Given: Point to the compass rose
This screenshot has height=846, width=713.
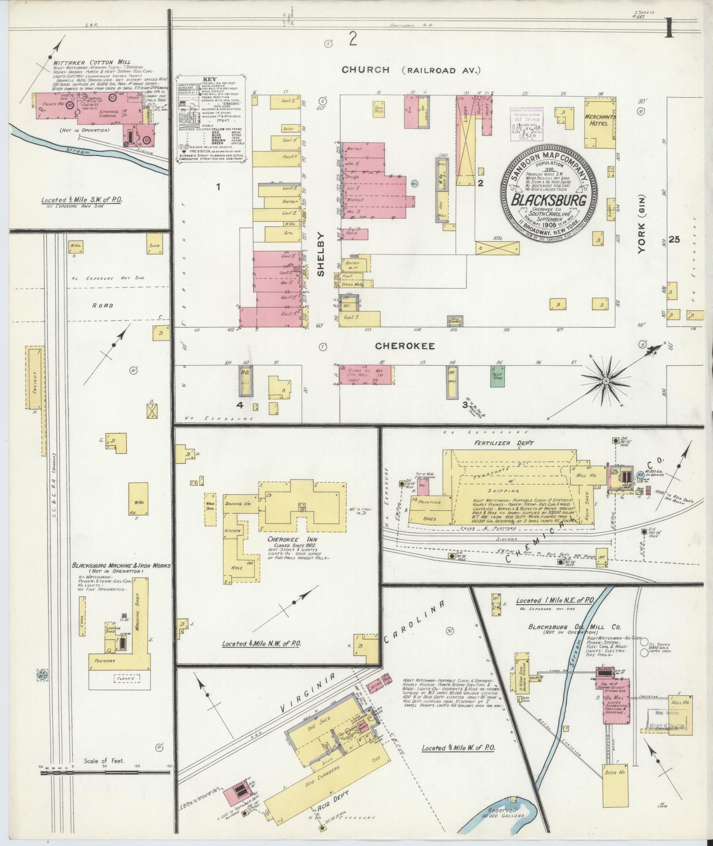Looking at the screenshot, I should [x=605, y=381].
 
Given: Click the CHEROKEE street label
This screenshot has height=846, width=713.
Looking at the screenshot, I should [x=405, y=346].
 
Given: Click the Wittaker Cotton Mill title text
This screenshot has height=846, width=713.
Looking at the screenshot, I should [x=85, y=63].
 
